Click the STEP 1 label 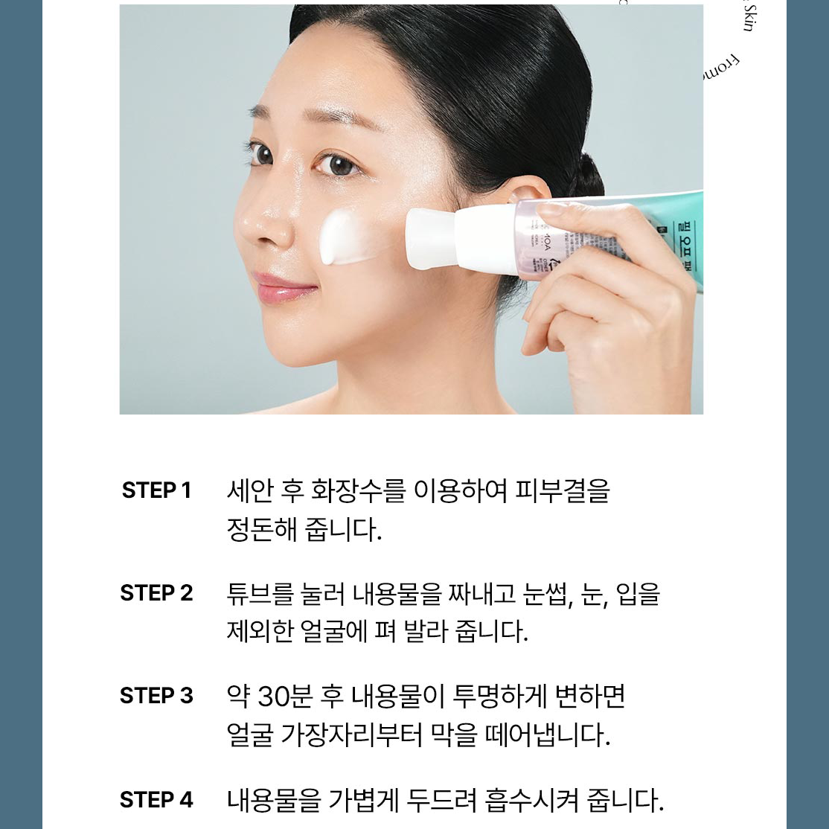[156, 490]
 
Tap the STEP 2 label [156, 593]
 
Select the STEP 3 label [156, 696]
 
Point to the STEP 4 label [156, 800]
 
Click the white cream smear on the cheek [343, 237]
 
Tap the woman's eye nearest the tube [339, 163]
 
